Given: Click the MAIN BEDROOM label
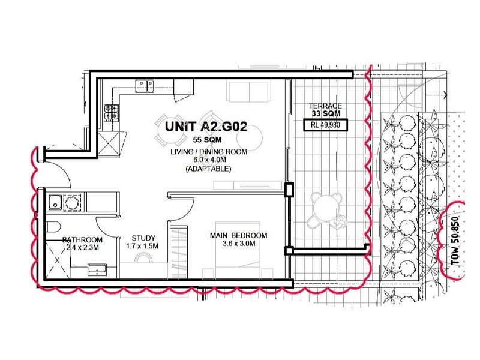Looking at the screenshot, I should pyautogui.click(x=238, y=235).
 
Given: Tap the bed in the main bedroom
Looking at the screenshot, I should pyautogui.click(x=240, y=264).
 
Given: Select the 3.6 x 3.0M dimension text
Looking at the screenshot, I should pyautogui.click(x=238, y=244).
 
